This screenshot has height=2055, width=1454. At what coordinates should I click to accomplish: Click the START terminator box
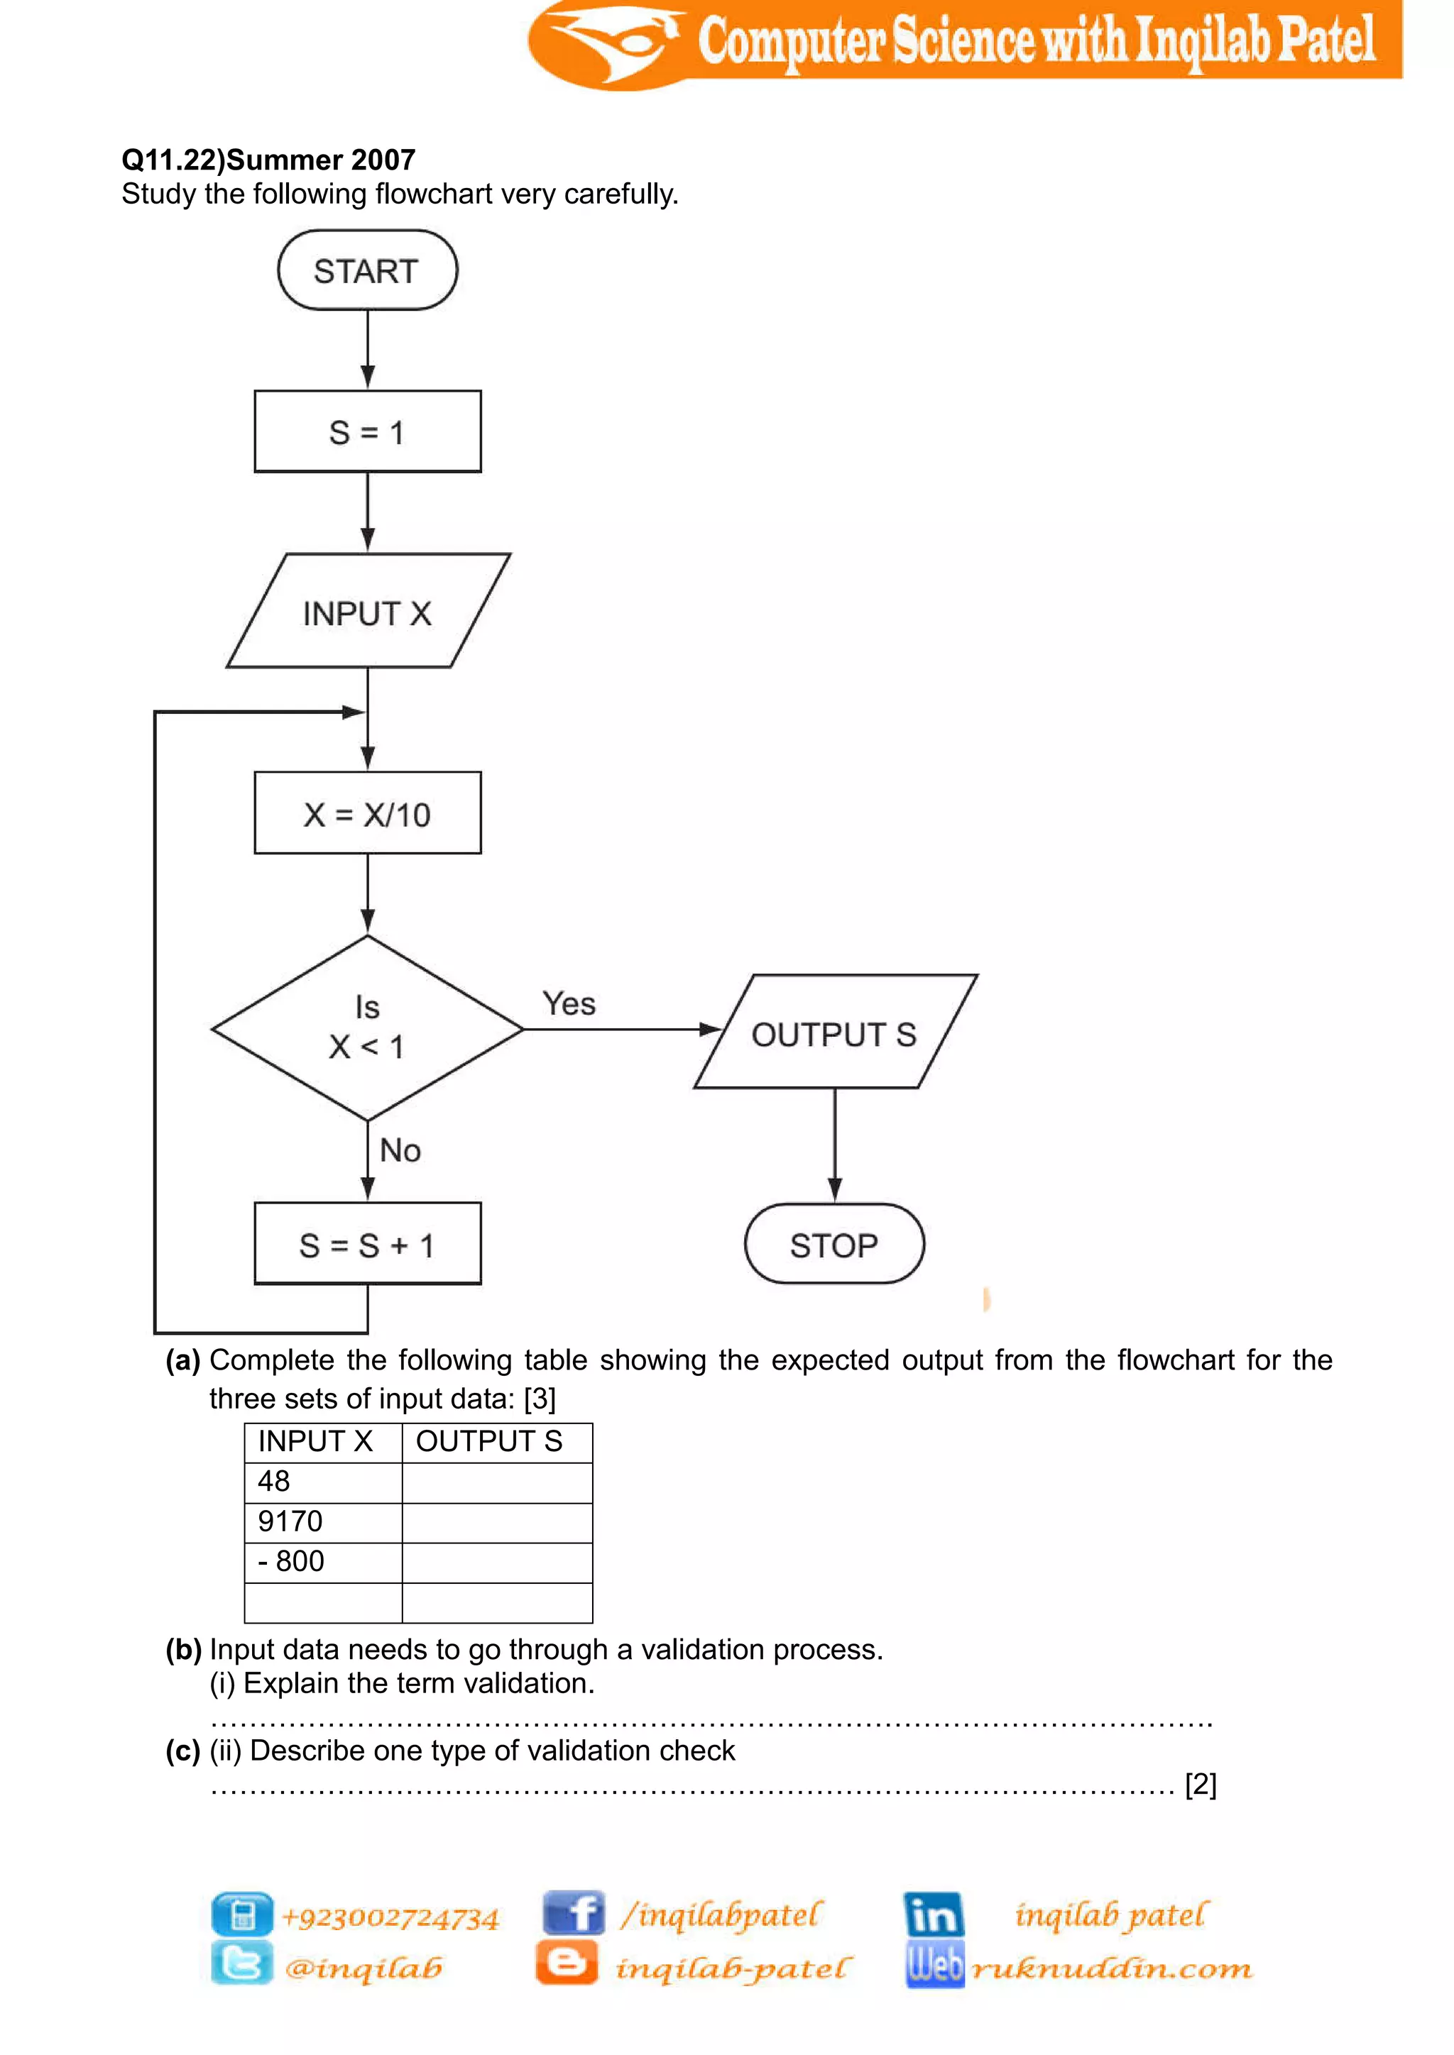[x=367, y=270]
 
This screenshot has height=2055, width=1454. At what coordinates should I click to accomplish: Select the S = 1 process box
[x=367, y=431]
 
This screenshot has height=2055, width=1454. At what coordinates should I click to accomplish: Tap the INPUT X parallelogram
[x=367, y=611]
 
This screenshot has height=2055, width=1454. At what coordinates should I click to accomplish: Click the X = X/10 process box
[x=367, y=812]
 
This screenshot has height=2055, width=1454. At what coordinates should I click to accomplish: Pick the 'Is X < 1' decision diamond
[x=367, y=1027]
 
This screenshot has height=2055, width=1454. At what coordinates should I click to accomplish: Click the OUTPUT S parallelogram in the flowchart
[x=834, y=1032]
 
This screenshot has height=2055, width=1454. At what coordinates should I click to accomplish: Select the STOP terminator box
[x=833, y=1244]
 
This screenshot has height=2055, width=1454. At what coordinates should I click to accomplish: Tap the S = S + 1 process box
[x=367, y=1244]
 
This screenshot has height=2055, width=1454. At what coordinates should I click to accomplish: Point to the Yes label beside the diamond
[x=569, y=1003]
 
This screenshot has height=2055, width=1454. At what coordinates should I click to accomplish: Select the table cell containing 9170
[x=323, y=1521]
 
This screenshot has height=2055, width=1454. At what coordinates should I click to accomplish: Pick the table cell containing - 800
[x=323, y=1562]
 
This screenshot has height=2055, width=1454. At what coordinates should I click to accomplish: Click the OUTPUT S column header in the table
[x=497, y=1442]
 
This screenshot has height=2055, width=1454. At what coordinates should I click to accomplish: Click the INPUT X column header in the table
[x=323, y=1442]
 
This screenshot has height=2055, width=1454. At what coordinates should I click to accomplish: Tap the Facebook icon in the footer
[x=573, y=1914]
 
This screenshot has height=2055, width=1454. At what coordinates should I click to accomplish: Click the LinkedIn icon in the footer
[x=933, y=1914]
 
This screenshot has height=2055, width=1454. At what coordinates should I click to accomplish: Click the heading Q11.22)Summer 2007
[x=268, y=160]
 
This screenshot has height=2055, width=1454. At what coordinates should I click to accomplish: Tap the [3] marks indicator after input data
[x=540, y=1398]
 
